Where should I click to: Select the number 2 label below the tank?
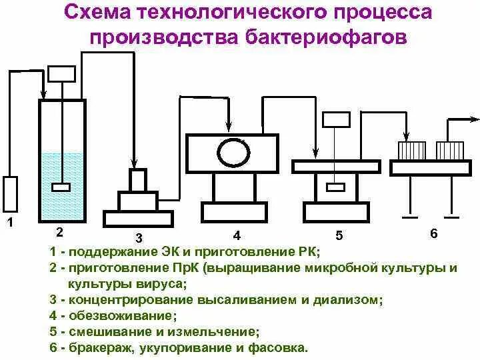[59, 231]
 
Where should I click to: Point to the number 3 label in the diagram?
[139, 237]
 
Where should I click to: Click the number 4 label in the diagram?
[237, 235]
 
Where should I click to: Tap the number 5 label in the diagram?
[339, 235]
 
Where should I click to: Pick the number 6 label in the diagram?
[434, 233]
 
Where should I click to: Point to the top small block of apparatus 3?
[138, 179]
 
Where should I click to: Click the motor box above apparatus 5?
[336, 119]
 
